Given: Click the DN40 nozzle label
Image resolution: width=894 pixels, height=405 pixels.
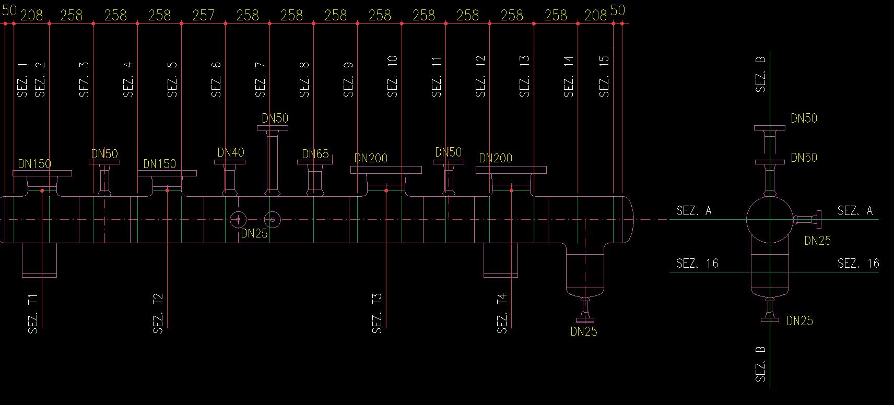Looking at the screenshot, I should click(231, 152).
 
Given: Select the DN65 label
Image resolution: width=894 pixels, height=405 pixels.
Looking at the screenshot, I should click(315, 154).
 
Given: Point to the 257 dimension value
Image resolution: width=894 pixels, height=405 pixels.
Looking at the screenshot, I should click(203, 16).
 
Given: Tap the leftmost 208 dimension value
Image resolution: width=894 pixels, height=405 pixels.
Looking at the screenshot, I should click(31, 16).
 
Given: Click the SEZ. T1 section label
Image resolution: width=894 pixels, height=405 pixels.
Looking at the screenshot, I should click(33, 314).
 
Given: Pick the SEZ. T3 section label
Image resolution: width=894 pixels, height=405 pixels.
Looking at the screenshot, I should click(377, 313).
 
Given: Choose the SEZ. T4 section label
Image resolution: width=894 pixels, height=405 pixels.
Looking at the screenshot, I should click(502, 313).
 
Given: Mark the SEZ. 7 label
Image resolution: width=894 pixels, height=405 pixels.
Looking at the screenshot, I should click(261, 79).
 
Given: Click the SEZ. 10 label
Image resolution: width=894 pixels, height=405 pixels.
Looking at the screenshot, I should click(393, 76).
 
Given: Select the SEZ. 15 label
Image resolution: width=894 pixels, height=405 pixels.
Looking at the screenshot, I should click(604, 76).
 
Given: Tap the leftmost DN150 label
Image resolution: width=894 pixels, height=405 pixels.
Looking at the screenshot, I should click(34, 164).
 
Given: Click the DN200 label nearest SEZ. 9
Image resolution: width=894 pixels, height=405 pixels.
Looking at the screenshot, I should click(371, 158).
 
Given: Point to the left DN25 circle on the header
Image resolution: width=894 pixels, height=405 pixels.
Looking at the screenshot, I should click(238, 220).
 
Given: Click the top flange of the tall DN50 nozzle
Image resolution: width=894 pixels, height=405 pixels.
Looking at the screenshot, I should click(273, 128).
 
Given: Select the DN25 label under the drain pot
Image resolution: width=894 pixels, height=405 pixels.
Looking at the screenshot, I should click(584, 331).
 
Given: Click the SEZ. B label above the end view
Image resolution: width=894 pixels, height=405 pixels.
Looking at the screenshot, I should click(761, 74).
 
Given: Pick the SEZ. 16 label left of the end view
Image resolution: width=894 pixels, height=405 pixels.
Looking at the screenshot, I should click(697, 264).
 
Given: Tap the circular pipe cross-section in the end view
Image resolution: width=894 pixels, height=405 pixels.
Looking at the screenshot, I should click(770, 220).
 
